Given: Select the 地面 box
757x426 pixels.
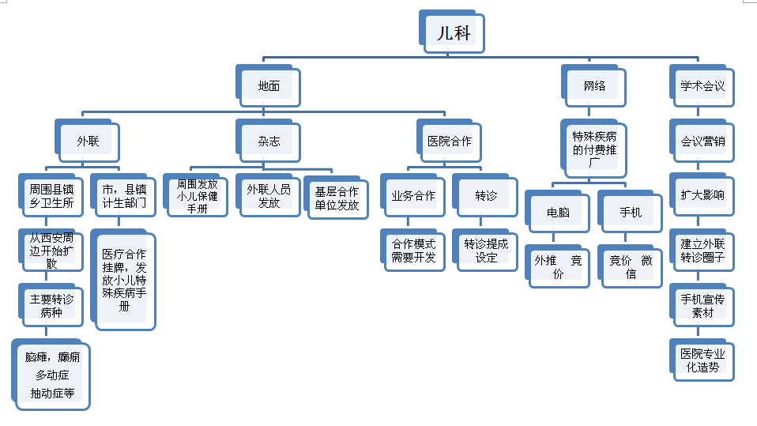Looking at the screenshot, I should pos(269,86).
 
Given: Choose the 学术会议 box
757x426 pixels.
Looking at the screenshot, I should pos(702,86).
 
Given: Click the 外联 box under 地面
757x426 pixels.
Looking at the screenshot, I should pos(88,141).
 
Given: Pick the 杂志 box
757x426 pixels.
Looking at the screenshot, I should pos(269,141).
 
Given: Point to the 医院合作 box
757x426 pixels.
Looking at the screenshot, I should pos(450,141).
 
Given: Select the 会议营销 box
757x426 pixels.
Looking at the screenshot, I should pos(702,141).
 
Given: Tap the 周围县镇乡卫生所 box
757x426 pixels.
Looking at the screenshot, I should pos(51,196).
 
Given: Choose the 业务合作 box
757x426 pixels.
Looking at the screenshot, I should pos(413,196).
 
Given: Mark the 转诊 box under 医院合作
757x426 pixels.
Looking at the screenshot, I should pos(486,196).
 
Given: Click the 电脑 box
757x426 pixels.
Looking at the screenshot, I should pos(558,213).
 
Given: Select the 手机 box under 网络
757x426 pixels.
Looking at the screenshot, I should pos(631,213).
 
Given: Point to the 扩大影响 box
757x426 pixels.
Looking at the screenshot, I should pos(702,194).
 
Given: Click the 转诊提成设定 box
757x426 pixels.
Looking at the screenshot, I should pos(486,250).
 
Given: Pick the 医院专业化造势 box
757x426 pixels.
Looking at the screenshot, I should pos(702,360).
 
